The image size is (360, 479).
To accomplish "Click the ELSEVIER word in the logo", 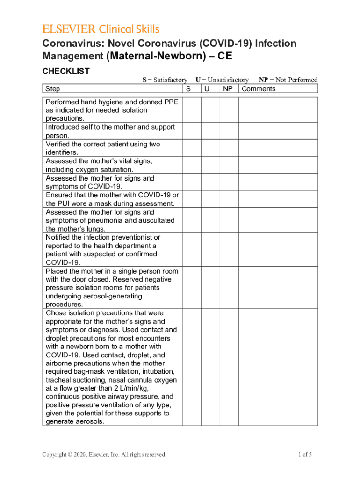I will coord(69,29).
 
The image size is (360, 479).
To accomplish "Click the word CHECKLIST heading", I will coord(66,71).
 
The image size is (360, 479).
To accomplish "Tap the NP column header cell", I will coord(228,89).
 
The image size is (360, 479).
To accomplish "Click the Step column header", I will coord(53,89).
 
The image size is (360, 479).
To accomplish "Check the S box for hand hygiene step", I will coord(191,110).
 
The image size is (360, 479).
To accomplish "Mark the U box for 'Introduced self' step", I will coord(210,131).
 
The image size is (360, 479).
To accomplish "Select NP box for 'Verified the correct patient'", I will coord(229,148).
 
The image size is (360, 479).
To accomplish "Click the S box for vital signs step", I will coord(191,165).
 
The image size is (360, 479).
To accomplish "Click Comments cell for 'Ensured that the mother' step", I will coord(278,199).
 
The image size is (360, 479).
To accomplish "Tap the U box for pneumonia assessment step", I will coord(210,220).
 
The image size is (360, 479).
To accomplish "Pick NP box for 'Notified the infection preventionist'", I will coord(229,250).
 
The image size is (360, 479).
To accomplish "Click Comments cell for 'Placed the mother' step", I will coord(278,288).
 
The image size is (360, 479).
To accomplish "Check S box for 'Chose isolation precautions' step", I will coord(191,367).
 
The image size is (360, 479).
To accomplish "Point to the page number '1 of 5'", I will coord(305,454).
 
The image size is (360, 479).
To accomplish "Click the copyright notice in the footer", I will coord(104,454).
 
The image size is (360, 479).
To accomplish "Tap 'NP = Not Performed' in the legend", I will coord(288,80).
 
